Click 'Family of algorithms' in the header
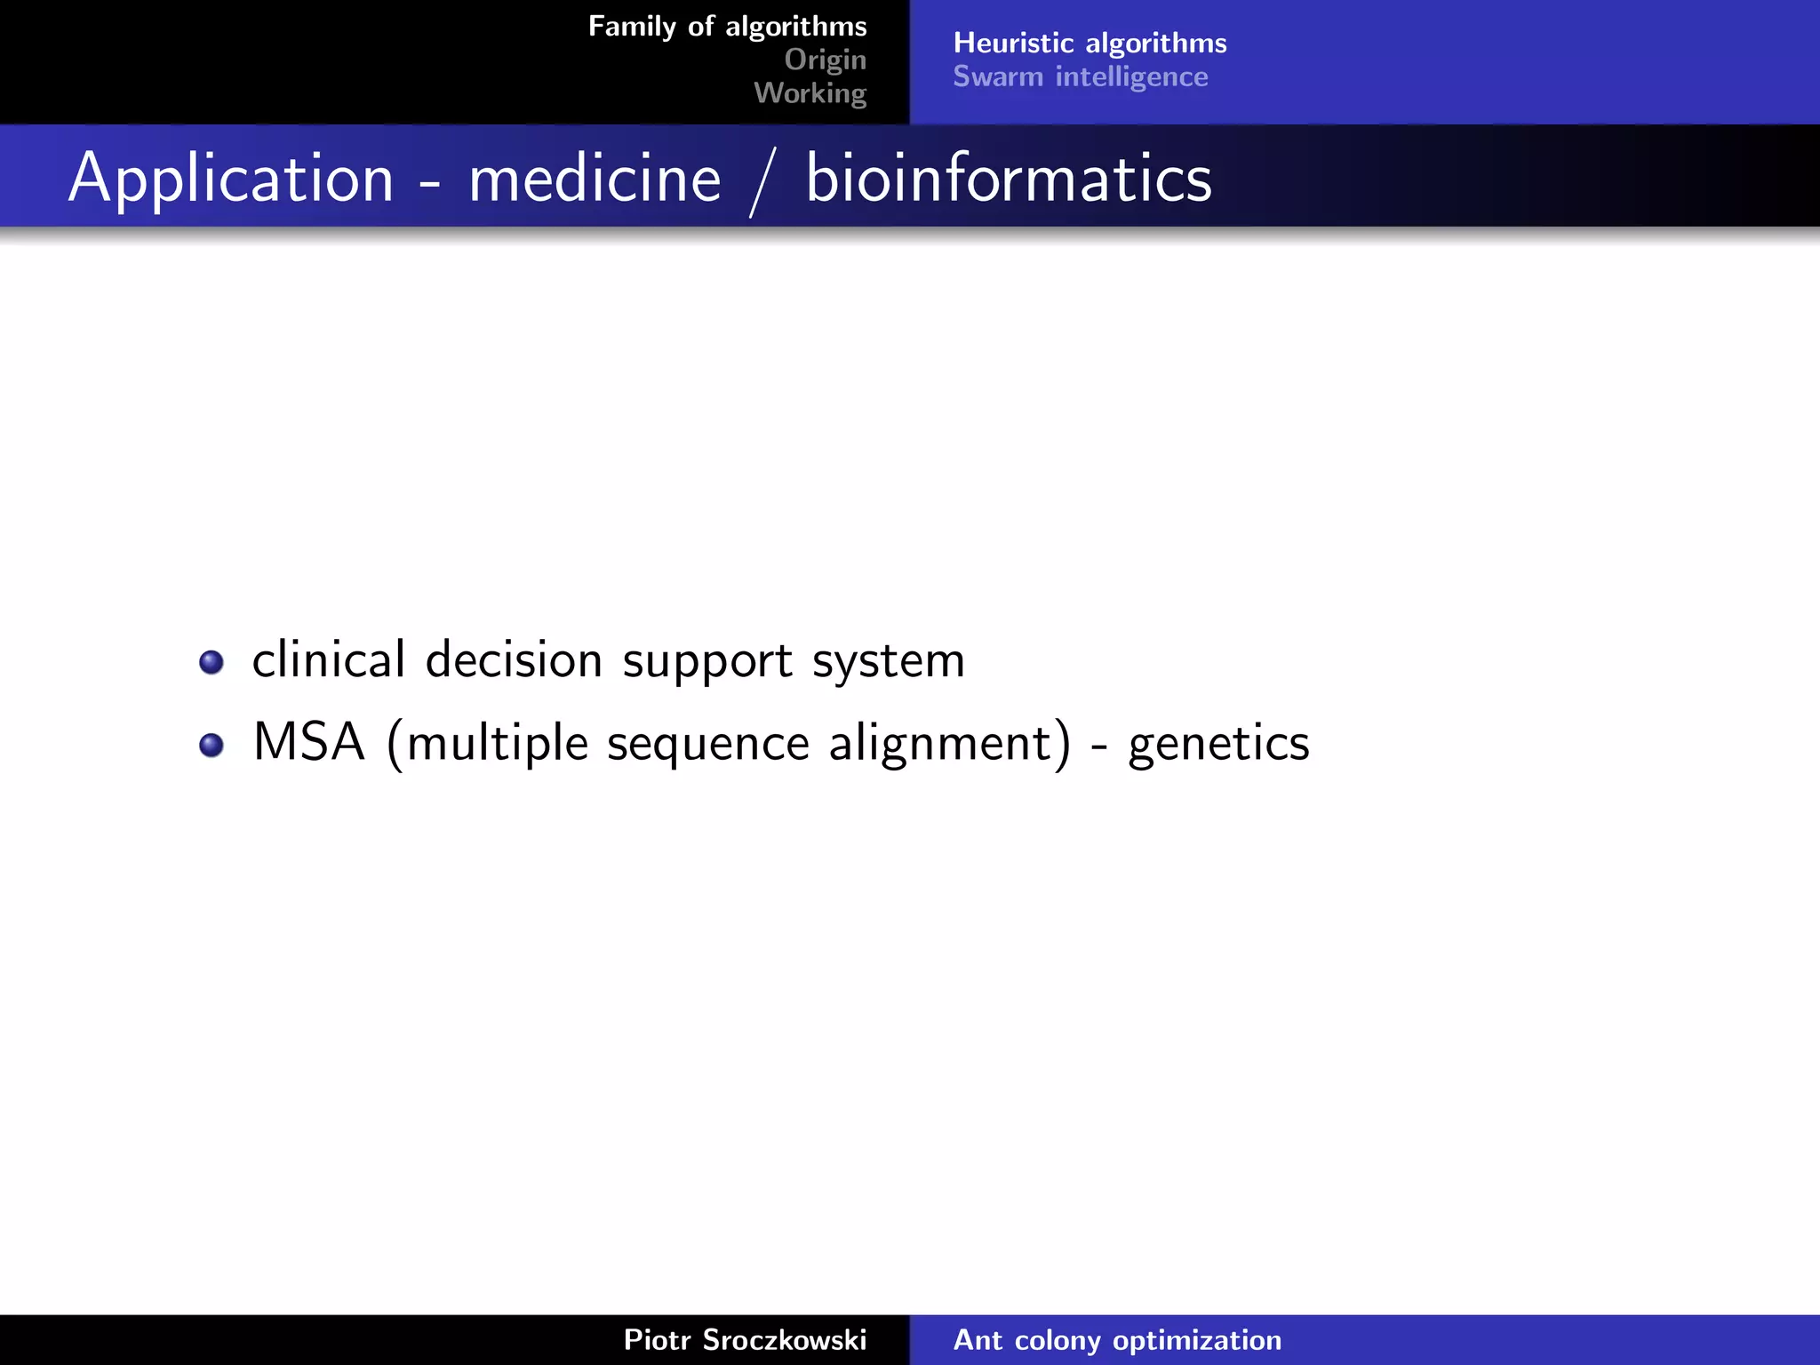(x=727, y=27)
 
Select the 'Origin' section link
(x=825, y=60)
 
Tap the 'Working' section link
(x=810, y=92)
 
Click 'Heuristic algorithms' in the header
(x=1090, y=43)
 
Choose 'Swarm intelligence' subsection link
(x=1080, y=76)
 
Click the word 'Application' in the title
(x=231, y=179)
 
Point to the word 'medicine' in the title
(x=595, y=179)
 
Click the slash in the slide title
(x=762, y=182)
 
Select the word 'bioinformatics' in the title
(x=1008, y=179)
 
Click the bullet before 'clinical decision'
(x=212, y=662)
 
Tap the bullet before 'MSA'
(x=212, y=745)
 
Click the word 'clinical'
(x=329, y=660)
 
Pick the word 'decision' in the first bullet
(x=514, y=660)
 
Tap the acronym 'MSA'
(x=308, y=742)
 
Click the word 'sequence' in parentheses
(x=707, y=745)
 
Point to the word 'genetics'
(x=1218, y=744)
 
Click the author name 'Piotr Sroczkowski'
(x=745, y=1339)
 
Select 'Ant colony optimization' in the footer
(x=1117, y=1339)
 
